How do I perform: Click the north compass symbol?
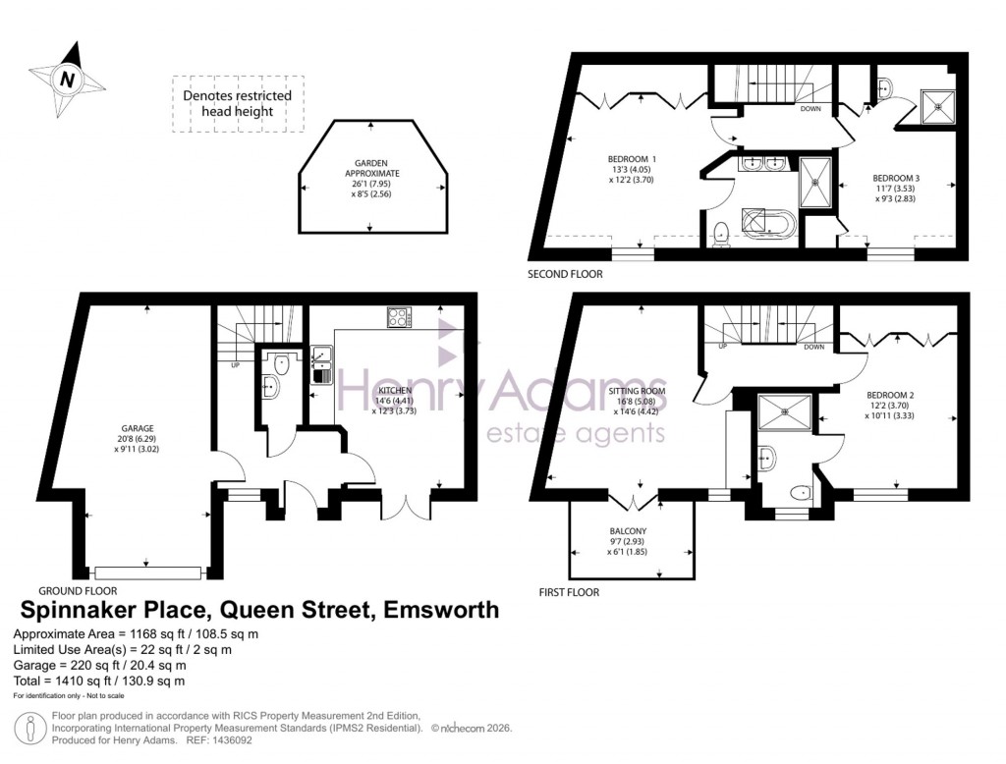pyautogui.click(x=66, y=78)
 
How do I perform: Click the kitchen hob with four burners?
pyautogui.click(x=400, y=317)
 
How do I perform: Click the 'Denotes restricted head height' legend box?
pyautogui.click(x=237, y=104)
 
